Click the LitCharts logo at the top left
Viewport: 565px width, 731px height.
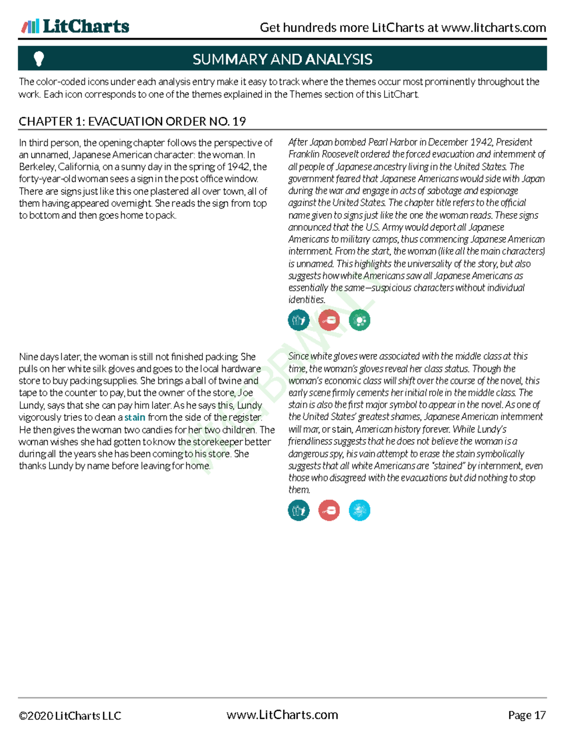[75, 26]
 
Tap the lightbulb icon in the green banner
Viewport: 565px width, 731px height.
[39, 59]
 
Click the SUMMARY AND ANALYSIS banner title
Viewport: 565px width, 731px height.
[282, 59]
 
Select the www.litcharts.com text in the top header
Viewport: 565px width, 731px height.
[493, 28]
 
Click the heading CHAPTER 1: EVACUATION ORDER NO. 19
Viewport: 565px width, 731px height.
[132, 121]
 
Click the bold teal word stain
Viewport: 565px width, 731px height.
[135, 418]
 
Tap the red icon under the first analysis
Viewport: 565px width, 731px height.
[329, 321]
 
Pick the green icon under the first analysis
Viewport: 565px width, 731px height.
[359, 321]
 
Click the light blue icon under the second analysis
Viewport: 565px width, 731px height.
[359, 510]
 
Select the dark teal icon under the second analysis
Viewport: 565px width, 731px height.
[299, 510]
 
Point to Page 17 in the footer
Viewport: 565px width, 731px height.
[526, 715]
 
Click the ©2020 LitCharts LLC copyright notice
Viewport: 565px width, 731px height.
[70, 716]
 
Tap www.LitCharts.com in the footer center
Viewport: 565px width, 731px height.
[282, 715]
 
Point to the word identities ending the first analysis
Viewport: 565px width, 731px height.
[306, 300]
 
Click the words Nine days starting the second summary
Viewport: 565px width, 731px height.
[39, 357]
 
